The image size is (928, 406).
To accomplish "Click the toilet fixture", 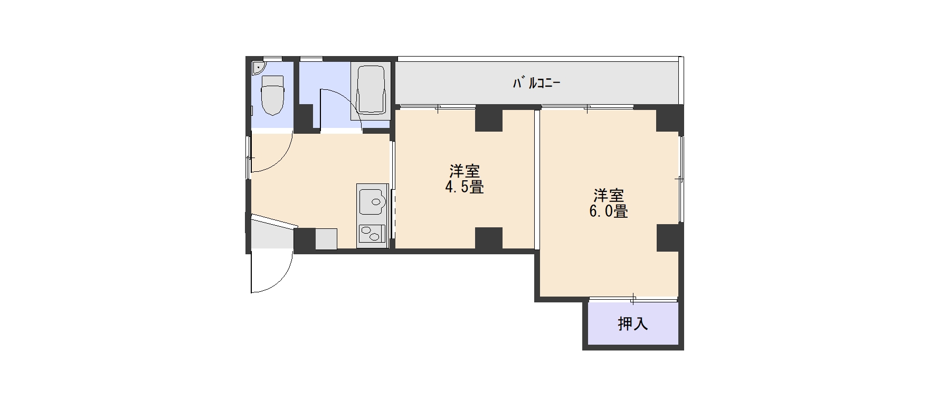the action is coord(273,95).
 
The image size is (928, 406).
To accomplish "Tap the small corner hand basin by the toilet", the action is coord(258,68).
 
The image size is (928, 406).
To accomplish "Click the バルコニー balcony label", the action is coord(536,83).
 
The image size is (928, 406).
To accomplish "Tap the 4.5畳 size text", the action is coord(465,187).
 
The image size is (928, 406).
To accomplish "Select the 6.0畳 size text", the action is coord(609,211).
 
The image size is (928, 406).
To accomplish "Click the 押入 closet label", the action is coord(633,324).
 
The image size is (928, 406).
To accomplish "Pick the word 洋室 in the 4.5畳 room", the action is coord(465,171).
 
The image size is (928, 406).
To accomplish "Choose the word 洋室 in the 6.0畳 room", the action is coord(609,196).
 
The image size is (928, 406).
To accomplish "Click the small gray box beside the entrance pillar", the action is coord(326,238).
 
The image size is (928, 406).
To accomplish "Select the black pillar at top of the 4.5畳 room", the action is coord(488,119).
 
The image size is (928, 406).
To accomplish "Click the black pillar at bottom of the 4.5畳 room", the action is coord(488,238).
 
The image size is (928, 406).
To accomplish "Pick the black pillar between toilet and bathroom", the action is coord(304,118).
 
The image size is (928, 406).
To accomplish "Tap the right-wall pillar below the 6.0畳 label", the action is coord(670,237).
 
